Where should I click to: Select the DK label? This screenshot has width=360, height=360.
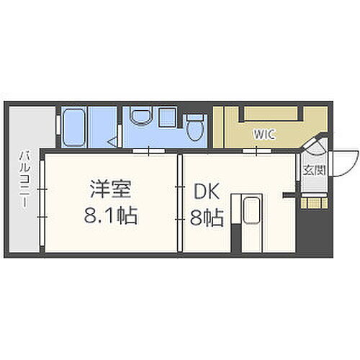pos(207,191)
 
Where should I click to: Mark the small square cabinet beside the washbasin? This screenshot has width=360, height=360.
pos(166,116)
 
